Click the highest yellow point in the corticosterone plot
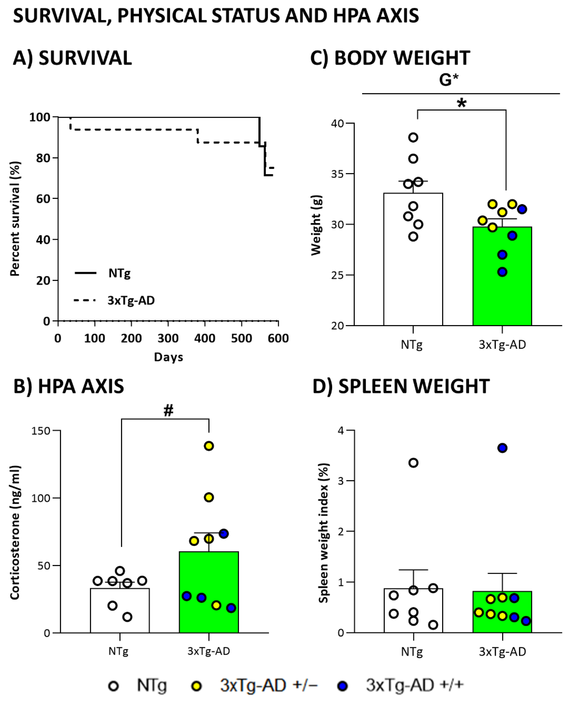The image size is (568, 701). [209, 446]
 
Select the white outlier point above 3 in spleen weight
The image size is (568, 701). [413, 463]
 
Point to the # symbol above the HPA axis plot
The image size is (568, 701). [168, 410]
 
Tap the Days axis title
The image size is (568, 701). [168, 357]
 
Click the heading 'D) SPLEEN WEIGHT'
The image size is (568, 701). [401, 386]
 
